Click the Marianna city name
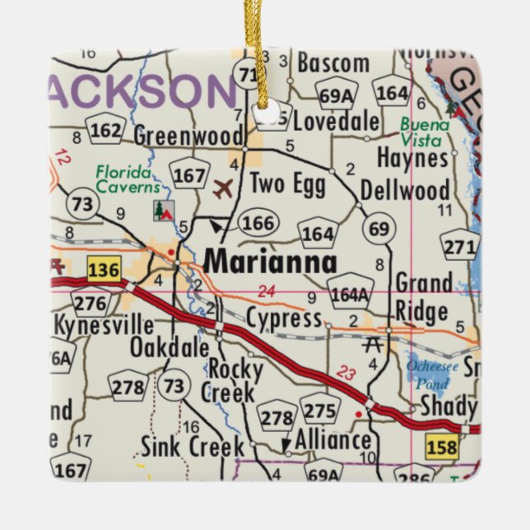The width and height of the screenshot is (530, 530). click(x=270, y=263)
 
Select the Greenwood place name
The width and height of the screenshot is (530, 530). click(x=188, y=135)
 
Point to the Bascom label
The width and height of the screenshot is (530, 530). click(x=332, y=63)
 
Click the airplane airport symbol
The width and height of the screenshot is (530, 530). click(x=222, y=189)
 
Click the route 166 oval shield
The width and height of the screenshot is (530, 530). click(x=257, y=222)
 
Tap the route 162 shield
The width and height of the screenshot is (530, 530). click(x=105, y=130)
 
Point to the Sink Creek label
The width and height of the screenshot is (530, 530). click(x=192, y=447)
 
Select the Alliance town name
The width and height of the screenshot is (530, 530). click(x=332, y=439)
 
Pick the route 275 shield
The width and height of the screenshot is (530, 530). click(x=320, y=411)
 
